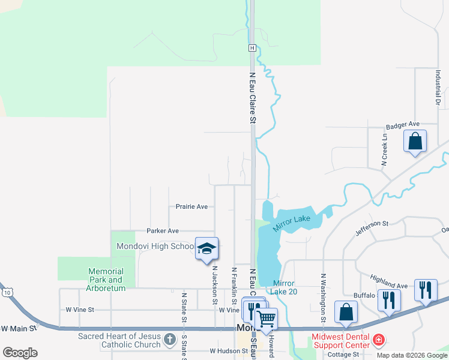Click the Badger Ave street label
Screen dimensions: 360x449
402,127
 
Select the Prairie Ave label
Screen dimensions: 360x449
191,206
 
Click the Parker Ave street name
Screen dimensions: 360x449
163,230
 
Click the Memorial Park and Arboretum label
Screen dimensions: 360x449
106,280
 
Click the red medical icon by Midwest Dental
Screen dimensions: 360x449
378,340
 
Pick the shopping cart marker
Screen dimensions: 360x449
266,319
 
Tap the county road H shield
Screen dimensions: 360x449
253,47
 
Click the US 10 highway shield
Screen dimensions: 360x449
7,292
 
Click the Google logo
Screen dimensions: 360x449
20,353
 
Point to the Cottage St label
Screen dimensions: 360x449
343,354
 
